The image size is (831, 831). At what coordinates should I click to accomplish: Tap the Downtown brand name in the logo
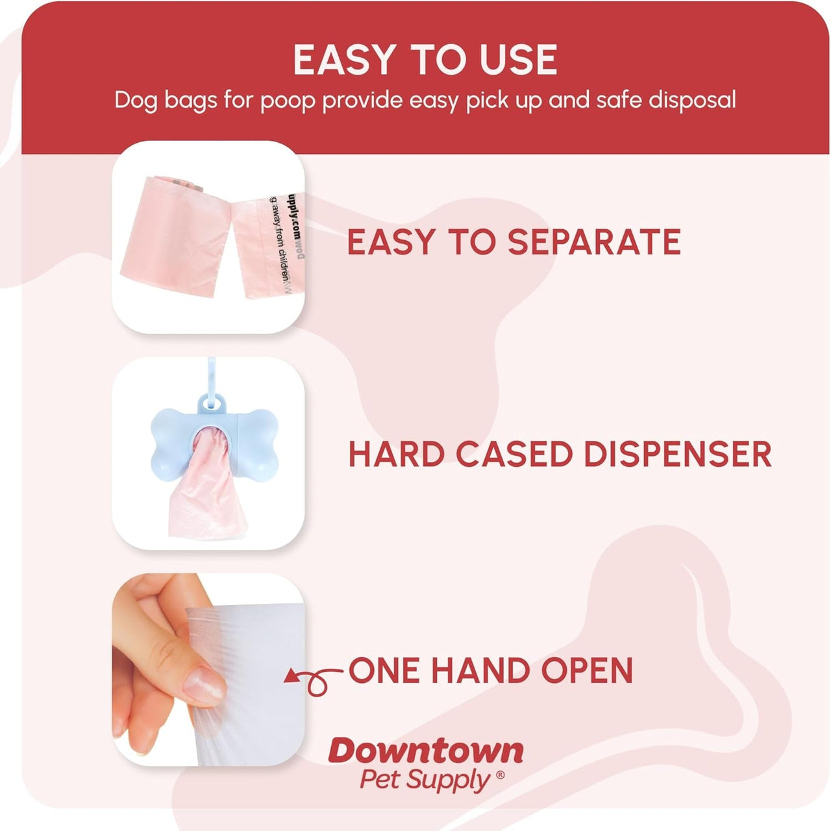point(425,751)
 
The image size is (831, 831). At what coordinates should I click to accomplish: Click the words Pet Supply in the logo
point(425,779)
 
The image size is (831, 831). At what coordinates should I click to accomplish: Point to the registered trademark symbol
point(500,775)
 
